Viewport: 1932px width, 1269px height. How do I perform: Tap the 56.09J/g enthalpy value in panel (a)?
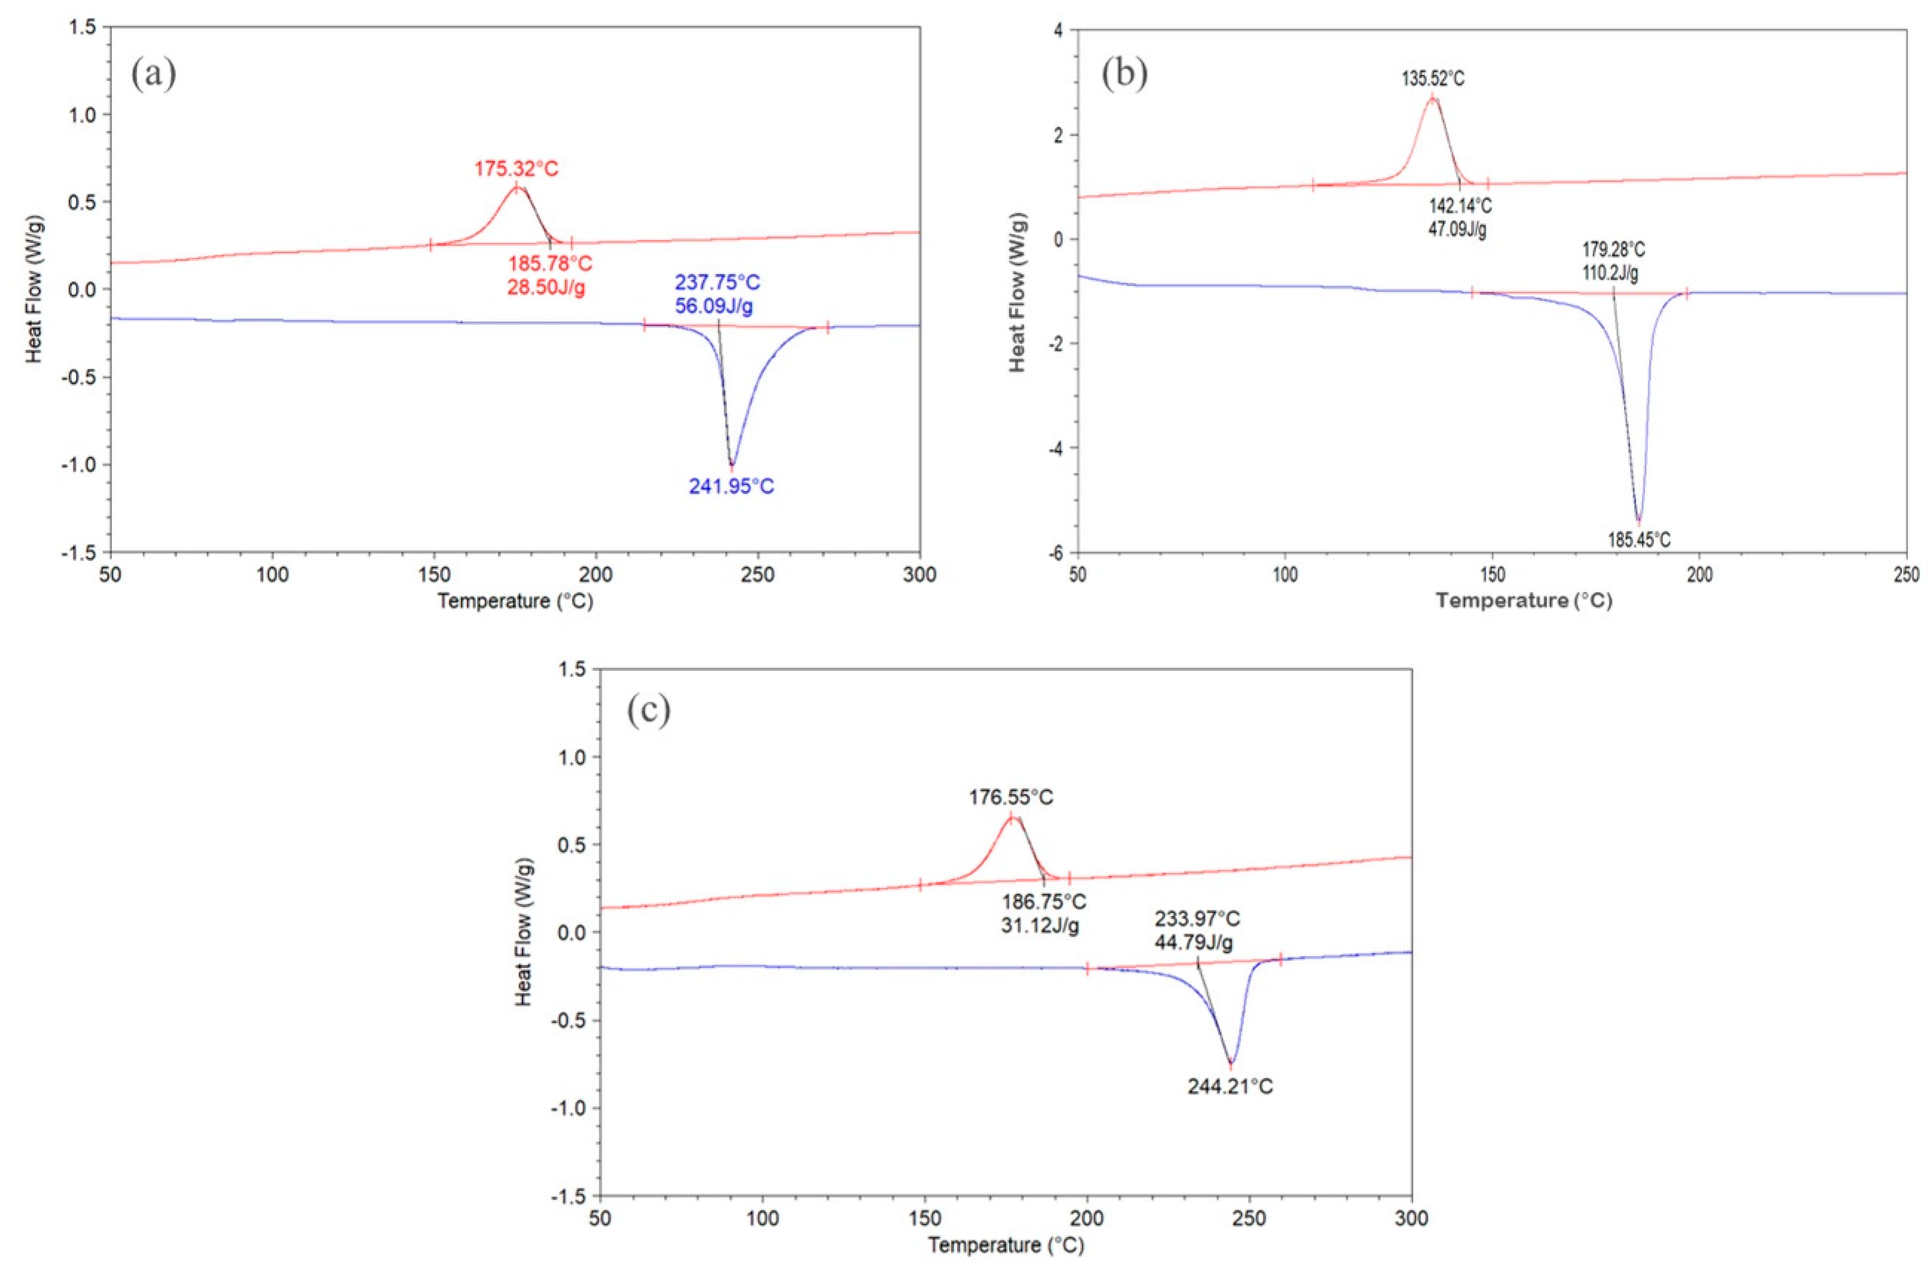(x=717, y=307)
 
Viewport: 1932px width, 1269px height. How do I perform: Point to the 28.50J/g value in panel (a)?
(x=547, y=288)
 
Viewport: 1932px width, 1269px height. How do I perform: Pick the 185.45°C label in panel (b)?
(x=1639, y=539)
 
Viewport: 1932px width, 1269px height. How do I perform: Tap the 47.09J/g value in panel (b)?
(x=1457, y=229)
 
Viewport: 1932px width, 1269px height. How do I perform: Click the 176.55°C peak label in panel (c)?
(x=1011, y=797)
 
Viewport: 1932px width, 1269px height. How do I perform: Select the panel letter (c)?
(x=649, y=711)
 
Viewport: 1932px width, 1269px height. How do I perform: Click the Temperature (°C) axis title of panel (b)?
(x=1524, y=601)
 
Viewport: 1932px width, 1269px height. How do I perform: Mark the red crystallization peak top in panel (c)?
(x=1011, y=816)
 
